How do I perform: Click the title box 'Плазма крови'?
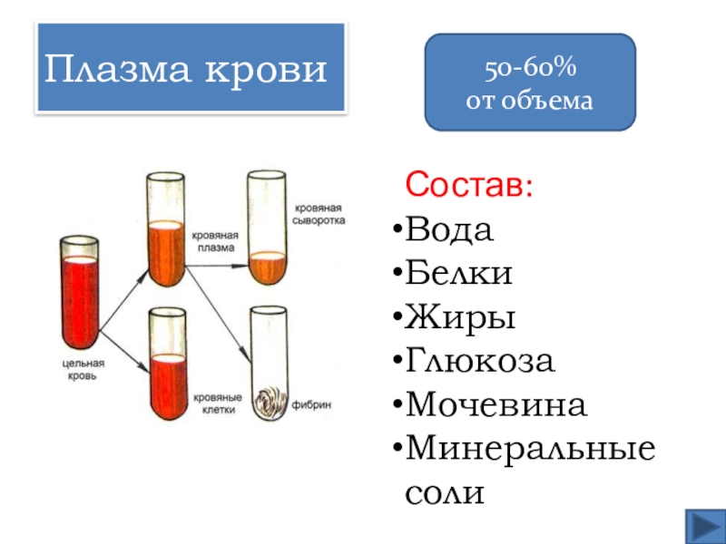[x=190, y=69]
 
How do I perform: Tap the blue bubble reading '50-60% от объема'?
[x=531, y=82]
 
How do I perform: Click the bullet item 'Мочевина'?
[x=495, y=405]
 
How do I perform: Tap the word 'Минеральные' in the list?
[x=530, y=449]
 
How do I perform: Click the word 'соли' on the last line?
[x=445, y=492]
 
